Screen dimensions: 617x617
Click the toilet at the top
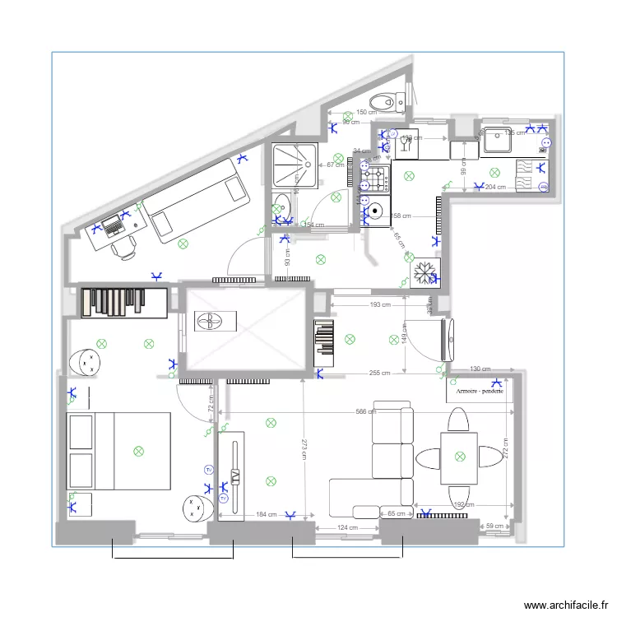(x=385, y=102)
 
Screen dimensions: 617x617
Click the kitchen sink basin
(x=498, y=141)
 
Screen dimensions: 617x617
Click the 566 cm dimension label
(x=366, y=412)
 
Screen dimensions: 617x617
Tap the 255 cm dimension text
(x=379, y=373)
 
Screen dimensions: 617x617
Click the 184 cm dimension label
(x=266, y=515)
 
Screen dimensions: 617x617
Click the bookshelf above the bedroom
(x=124, y=301)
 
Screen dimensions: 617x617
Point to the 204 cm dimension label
(x=495, y=188)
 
